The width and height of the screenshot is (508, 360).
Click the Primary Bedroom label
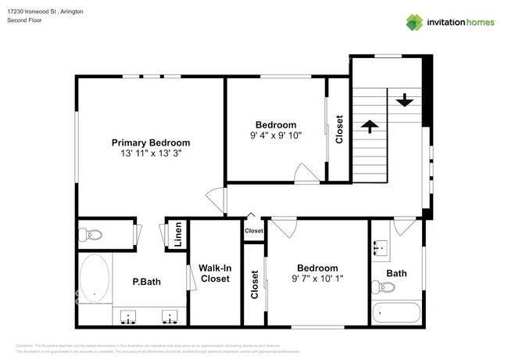[151, 142]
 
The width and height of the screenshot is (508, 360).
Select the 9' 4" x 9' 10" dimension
[276, 135]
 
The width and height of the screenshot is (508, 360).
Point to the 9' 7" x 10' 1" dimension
[317, 278]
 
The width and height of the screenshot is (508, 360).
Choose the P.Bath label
[146, 282]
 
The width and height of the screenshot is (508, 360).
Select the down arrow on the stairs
[405, 100]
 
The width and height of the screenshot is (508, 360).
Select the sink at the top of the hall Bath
[381, 249]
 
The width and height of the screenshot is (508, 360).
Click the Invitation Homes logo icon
[413, 22]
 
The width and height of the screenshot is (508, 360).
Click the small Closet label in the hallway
[254, 231]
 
